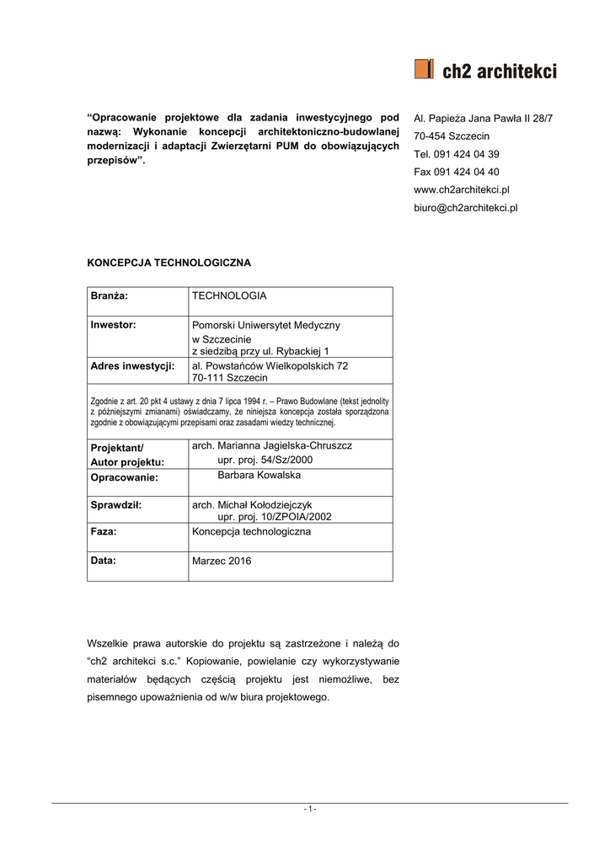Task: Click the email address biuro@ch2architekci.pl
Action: [x=465, y=207]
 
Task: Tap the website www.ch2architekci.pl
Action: [x=461, y=189]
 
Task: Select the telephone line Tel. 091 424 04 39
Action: [x=456, y=154]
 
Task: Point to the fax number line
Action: [x=456, y=172]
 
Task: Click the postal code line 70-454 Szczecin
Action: [x=451, y=136]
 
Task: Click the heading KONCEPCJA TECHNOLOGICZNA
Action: [x=169, y=263]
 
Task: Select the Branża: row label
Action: [x=109, y=296]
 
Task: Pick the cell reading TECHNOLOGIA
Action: [x=229, y=296]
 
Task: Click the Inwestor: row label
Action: [x=113, y=324]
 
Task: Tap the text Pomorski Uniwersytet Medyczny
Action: [x=266, y=325]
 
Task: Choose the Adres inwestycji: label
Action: [x=132, y=366]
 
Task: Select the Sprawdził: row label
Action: [x=115, y=505]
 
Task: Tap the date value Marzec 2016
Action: [x=222, y=561]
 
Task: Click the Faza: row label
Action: [x=104, y=532]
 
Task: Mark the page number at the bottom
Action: [x=309, y=809]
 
